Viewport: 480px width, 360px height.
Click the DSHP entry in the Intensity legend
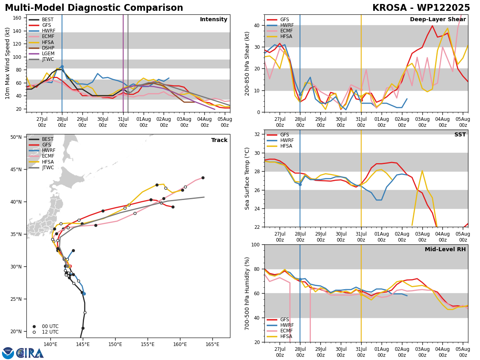(41, 48)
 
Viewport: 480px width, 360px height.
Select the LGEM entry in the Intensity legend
(41, 54)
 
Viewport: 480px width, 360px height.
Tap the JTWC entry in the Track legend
(41, 168)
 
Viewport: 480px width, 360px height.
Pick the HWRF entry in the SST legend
(280, 140)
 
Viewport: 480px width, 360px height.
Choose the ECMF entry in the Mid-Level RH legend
(280, 331)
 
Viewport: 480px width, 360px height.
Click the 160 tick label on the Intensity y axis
(17, 18)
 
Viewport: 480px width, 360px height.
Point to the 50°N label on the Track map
(16, 137)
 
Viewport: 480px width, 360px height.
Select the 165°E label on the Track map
(212, 344)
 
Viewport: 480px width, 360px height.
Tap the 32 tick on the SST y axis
(257, 134)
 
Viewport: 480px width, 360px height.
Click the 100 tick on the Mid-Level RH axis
(255, 244)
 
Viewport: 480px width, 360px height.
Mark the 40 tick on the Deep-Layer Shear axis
(257, 25)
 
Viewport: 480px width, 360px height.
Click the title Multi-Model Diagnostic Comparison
(94, 8)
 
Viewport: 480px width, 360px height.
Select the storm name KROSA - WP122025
(421, 8)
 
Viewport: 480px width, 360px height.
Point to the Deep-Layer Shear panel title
(438, 20)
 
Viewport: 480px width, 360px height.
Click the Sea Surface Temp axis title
(247, 178)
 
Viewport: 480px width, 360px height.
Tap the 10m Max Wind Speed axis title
(7, 63)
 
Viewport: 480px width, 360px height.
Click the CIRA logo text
(30, 353)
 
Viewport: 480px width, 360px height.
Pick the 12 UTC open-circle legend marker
(34, 332)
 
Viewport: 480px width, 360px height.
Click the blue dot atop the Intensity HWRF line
(62, 67)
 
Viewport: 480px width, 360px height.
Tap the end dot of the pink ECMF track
(203, 178)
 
